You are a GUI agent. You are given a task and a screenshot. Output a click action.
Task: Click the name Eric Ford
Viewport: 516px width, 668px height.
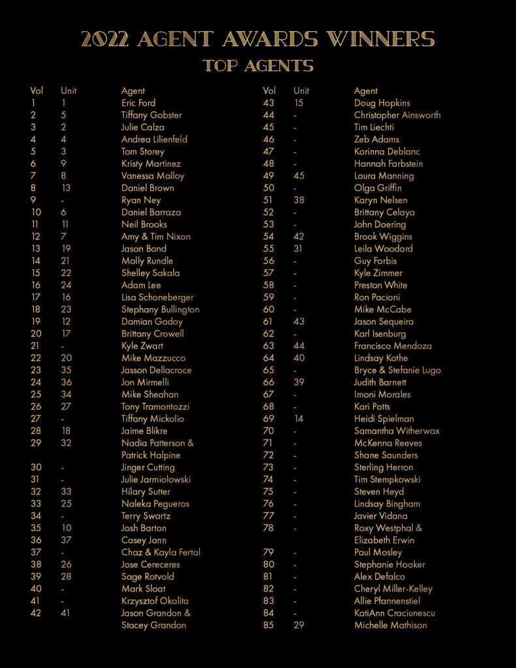(x=138, y=103)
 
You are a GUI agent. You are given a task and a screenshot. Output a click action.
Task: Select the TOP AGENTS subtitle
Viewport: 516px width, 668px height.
(x=258, y=66)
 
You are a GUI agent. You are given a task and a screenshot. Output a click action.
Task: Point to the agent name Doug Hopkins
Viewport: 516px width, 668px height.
(x=382, y=103)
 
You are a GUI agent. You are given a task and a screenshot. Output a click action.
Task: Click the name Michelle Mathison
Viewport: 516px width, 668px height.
(x=390, y=626)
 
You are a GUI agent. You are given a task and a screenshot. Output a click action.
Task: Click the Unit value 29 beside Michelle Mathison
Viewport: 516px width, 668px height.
(x=299, y=626)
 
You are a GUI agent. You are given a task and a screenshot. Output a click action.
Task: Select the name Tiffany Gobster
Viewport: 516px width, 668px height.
(x=151, y=115)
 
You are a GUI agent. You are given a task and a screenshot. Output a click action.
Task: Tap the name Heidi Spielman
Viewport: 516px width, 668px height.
(x=384, y=419)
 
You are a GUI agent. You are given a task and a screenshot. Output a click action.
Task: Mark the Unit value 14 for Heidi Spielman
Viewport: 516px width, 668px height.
(x=299, y=419)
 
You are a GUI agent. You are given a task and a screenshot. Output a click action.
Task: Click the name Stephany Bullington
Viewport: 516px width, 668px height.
(x=160, y=309)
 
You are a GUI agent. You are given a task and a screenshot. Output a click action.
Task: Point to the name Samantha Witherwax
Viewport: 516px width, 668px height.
(x=397, y=431)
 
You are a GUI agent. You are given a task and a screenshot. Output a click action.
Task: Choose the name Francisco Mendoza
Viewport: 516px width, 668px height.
(x=393, y=346)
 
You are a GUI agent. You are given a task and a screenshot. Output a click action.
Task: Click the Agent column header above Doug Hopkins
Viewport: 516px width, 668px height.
(x=366, y=91)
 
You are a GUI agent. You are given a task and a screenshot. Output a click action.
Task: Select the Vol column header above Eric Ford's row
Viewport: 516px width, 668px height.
(x=37, y=91)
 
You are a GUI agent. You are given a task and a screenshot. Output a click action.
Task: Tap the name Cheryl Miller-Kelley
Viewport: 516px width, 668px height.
(x=393, y=589)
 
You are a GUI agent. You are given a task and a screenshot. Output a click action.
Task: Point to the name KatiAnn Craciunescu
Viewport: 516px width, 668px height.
(x=394, y=613)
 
